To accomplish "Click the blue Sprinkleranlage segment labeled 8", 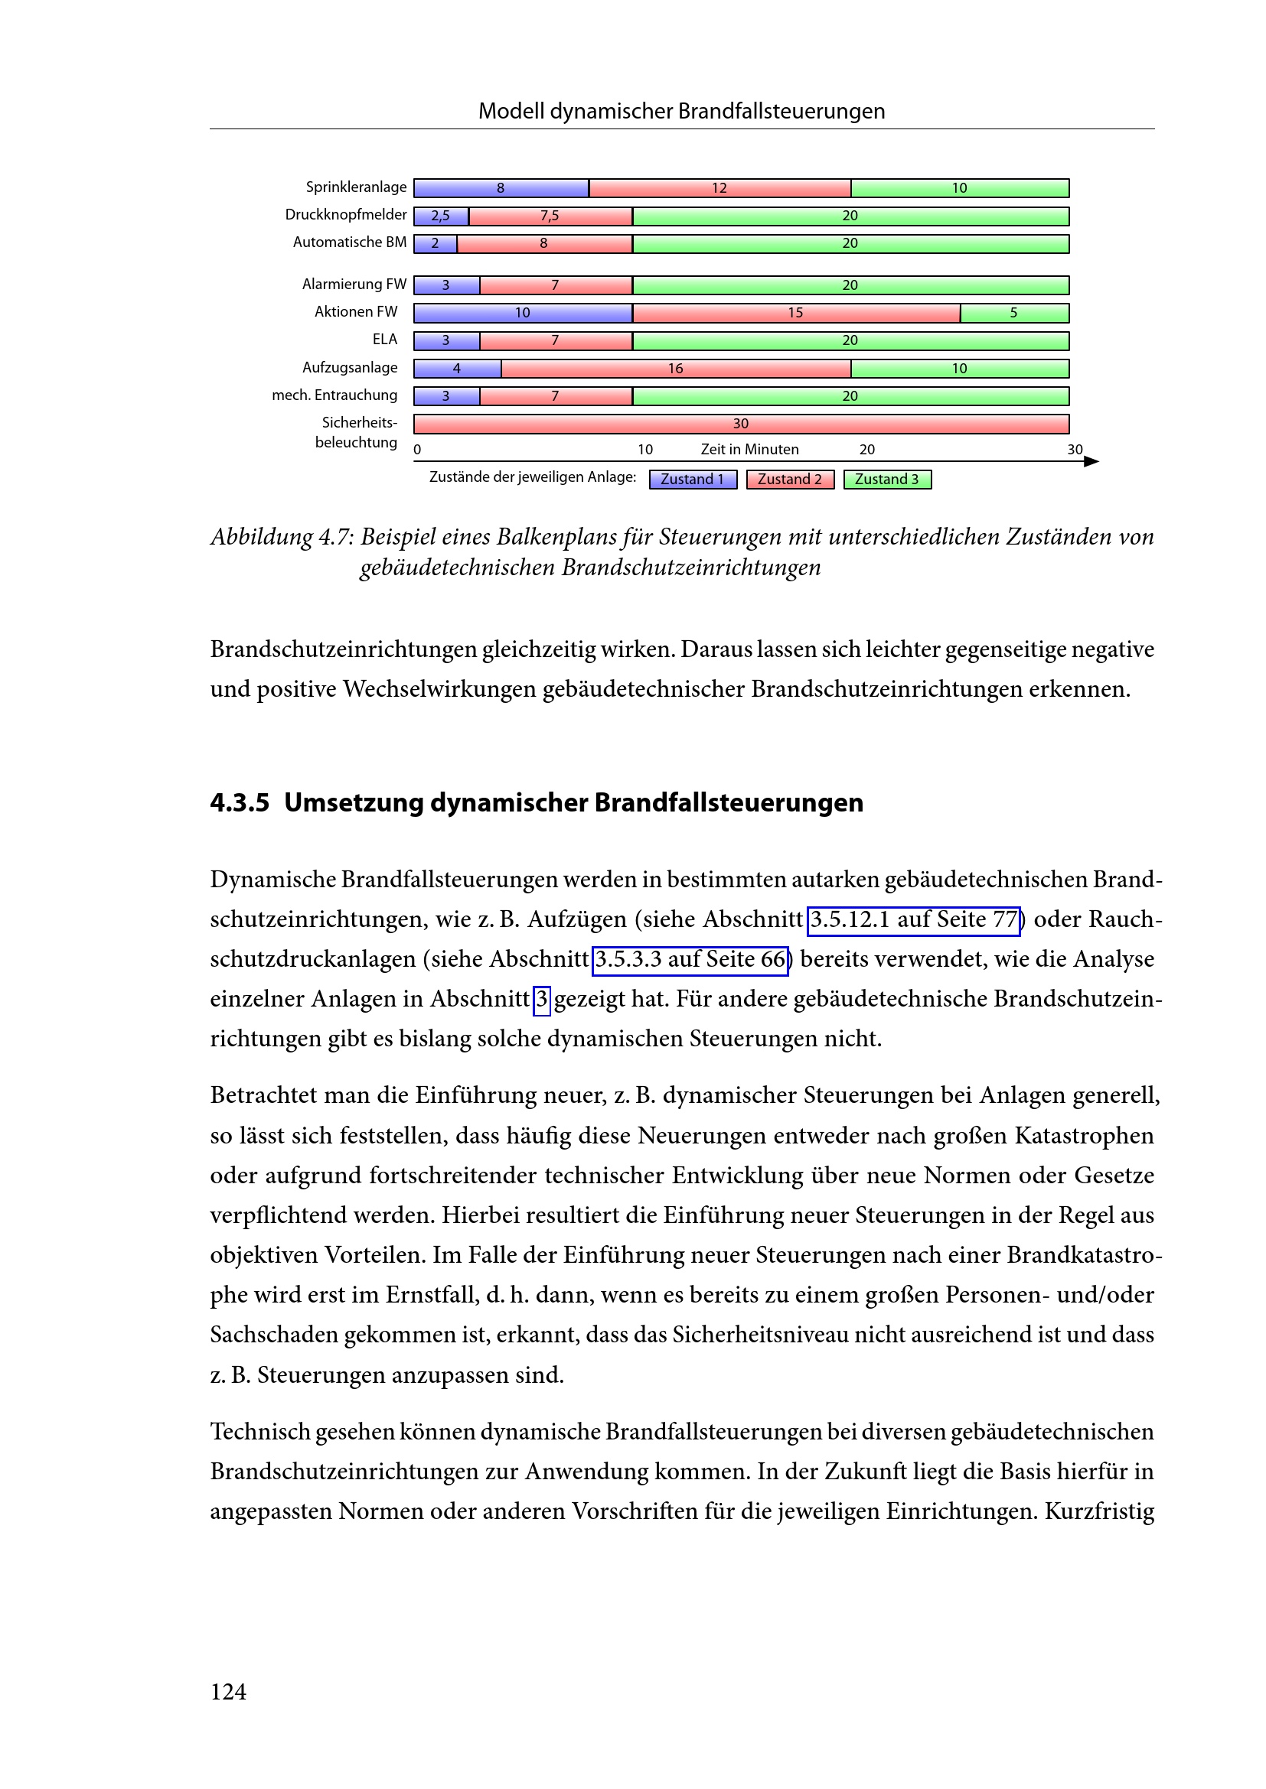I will [x=501, y=188].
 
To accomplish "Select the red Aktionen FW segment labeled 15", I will [x=796, y=314].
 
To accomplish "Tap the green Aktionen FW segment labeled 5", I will [x=1014, y=314].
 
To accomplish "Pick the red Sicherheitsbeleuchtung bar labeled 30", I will [x=741, y=424].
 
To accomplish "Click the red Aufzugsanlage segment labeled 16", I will [x=675, y=369].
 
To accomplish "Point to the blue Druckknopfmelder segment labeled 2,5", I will [x=440, y=216].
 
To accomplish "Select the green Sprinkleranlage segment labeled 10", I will [x=960, y=188].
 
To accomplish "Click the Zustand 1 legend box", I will [x=692, y=480].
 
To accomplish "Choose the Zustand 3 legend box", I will [x=887, y=480].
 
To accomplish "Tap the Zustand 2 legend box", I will [x=790, y=480].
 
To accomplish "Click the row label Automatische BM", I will [x=349, y=242].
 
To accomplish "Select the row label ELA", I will [x=384, y=339].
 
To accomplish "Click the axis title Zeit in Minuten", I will [x=749, y=450].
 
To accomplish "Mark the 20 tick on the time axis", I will [x=867, y=450].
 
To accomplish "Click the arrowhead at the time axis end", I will [x=1092, y=461].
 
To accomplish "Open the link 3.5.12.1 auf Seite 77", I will [x=914, y=919].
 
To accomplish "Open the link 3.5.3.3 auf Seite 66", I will [x=690, y=959].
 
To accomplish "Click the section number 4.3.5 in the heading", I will [x=240, y=802].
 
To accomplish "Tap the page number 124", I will [x=228, y=1692].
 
